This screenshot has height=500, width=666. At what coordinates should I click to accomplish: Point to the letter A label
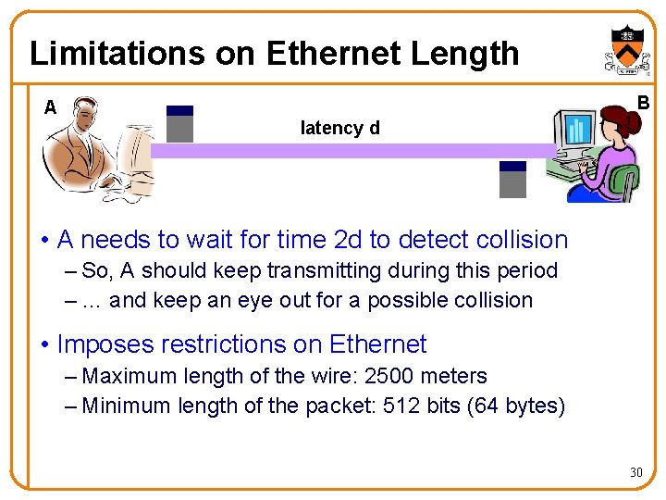(x=50, y=107)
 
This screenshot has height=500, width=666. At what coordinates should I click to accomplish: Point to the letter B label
(x=643, y=102)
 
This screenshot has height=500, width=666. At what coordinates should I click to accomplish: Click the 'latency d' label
(x=340, y=128)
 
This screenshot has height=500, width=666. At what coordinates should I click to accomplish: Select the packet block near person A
(x=179, y=123)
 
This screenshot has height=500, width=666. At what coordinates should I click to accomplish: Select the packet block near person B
(x=512, y=180)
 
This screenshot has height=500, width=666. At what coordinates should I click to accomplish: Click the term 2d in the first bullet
(x=348, y=240)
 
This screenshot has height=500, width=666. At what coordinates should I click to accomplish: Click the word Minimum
(x=126, y=406)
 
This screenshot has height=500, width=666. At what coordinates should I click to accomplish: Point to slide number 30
(x=635, y=473)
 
